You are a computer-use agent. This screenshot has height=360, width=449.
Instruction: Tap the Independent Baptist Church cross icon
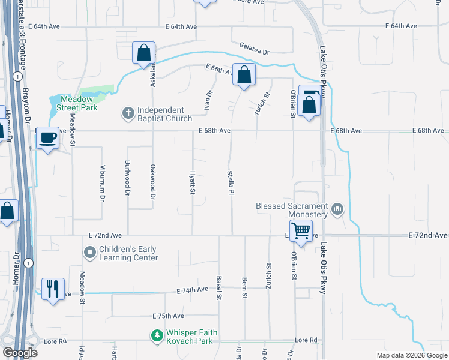(x=128, y=112)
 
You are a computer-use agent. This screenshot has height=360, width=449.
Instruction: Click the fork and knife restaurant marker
(x=52, y=289)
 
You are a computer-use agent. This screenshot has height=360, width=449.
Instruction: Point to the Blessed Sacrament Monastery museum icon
(x=337, y=209)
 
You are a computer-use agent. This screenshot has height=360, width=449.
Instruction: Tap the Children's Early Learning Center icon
(x=90, y=253)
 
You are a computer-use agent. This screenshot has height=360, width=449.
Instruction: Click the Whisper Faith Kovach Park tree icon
(x=157, y=337)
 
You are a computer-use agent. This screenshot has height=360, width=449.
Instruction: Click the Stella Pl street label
(x=231, y=182)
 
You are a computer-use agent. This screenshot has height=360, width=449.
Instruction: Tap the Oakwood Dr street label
(x=153, y=182)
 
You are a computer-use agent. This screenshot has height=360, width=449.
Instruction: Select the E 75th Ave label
(x=168, y=316)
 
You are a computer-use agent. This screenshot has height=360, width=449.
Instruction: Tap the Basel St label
(x=219, y=288)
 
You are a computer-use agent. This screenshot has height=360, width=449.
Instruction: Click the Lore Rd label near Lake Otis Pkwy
(x=306, y=340)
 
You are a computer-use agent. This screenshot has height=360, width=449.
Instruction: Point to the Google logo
(x=20, y=353)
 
